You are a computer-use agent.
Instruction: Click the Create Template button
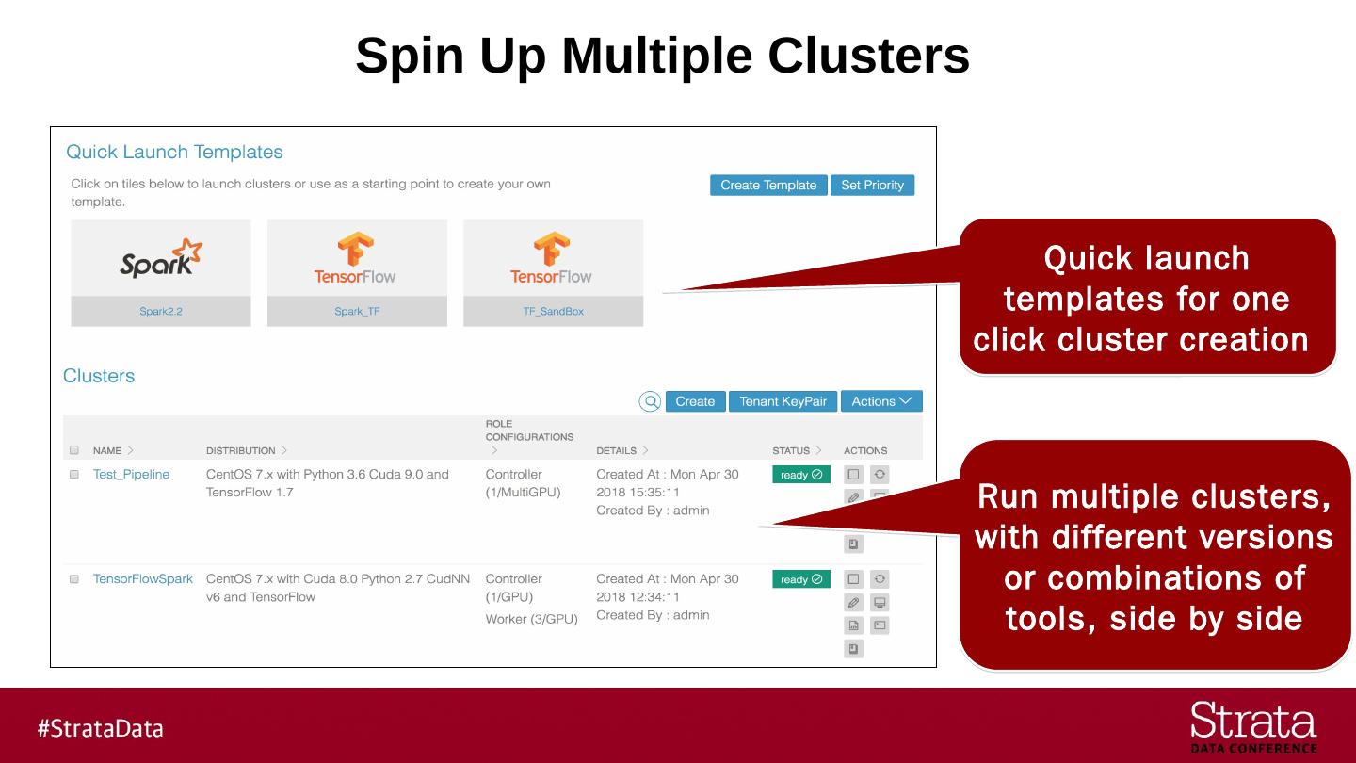(x=768, y=186)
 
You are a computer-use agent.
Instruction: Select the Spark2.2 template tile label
(x=161, y=311)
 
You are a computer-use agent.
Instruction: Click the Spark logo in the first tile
(x=161, y=259)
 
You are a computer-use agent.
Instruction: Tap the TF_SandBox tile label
(x=554, y=311)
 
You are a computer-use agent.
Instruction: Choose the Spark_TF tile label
(x=357, y=311)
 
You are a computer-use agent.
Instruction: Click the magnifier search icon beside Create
(x=651, y=401)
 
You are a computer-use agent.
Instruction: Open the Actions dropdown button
(x=881, y=401)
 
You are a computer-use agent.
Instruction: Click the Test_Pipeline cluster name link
(x=131, y=474)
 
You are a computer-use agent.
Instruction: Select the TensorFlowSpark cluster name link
(x=142, y=578)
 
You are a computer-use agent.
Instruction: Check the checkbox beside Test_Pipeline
(x=74, y=475)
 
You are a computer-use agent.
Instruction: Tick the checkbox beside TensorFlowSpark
(x=74, y=579)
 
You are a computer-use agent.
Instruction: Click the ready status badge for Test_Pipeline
(x=800, y=475)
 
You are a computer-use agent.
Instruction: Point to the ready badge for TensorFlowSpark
(x=800, y=579)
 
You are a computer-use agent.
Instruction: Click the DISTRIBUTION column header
(x=241, y=450)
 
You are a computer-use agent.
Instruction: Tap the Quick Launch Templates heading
(x=174, y=152)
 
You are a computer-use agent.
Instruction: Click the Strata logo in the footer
(x=1253, y=726)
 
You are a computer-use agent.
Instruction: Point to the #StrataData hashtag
(x=101, y=728)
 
